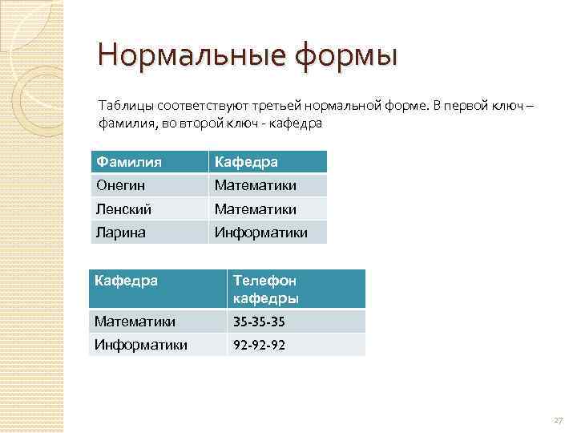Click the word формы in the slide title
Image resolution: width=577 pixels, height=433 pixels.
tap(346, 56)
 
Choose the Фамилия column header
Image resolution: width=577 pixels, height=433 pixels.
tap(129, 162)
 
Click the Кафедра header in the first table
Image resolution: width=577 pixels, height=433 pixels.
tap(245, 162)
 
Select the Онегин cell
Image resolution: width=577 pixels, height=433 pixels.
tap(122, 185)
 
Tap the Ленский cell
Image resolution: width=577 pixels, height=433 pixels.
tap(125, 208)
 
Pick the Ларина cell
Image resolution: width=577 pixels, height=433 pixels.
tap(122, 232)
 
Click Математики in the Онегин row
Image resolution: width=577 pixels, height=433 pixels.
tap(255, 185)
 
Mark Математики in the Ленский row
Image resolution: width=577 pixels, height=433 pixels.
tap(255, 208)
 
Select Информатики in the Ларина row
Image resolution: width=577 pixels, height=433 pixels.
tap(260, 232)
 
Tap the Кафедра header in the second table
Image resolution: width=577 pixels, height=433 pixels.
tap(127, 280)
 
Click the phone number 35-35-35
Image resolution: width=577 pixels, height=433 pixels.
tap(259, 322)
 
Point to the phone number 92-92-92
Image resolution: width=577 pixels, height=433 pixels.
tap(259, 345)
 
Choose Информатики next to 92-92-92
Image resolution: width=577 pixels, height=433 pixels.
tap(141, 345)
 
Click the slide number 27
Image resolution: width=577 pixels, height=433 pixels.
tap(558, 420)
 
